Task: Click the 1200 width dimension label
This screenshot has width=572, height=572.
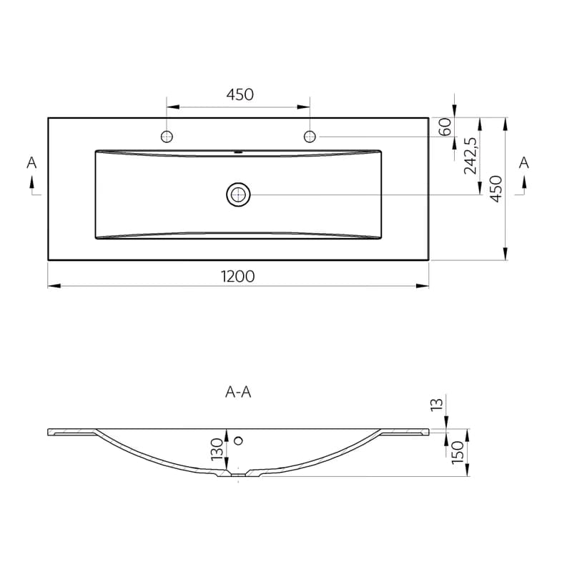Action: point(238,277)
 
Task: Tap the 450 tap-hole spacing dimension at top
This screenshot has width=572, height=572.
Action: point(240,94)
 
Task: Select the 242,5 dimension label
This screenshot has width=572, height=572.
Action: point(470,156)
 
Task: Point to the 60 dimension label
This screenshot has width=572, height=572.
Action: point(445,127)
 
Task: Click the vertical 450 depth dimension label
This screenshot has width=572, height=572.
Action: point(496,189)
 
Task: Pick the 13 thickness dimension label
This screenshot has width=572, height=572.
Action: point(437,405)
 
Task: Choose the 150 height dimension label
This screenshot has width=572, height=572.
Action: point(458,453)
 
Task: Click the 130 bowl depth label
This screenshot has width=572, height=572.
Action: point(217,449)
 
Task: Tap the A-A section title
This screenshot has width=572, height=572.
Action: point(238,392)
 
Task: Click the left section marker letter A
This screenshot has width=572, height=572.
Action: point(31,163)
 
